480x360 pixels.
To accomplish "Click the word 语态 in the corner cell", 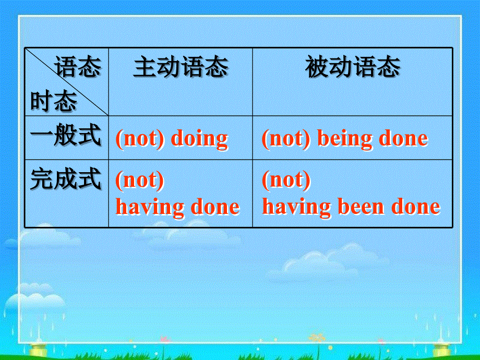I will pos(78,68).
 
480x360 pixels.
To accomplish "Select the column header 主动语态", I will pos(181,68).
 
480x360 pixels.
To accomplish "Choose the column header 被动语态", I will pos(353,68).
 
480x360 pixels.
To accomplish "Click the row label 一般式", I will pos(66,137).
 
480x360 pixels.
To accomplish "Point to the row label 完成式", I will pos(66,179).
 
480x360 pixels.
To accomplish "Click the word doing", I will pos(200,139).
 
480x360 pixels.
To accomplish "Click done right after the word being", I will pos(403,139).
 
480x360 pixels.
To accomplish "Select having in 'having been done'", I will pos(296,207).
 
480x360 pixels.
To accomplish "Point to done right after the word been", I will pos(416,207).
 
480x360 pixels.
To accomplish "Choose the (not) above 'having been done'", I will pos(286,181).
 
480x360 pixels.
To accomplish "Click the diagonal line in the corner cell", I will pos(68,83).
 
